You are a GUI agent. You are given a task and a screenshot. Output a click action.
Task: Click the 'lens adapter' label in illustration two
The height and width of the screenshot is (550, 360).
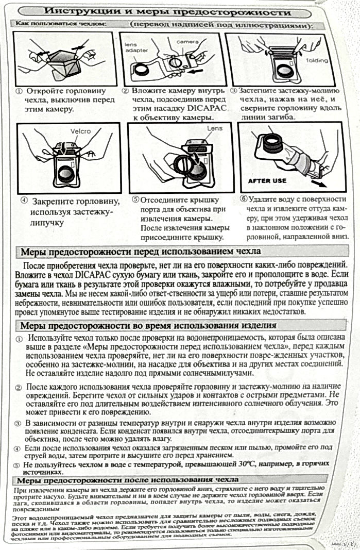135,47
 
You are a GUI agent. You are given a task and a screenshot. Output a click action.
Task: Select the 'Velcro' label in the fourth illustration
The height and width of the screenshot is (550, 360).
80,131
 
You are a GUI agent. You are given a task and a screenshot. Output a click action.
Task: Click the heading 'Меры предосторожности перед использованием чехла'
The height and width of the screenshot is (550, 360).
139,252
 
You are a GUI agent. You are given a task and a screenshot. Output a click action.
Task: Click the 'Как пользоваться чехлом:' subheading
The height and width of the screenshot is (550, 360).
60,24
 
